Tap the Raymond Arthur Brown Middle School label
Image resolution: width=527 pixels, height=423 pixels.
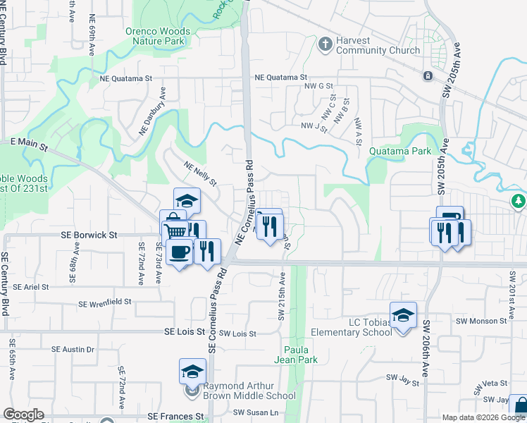point(249,391)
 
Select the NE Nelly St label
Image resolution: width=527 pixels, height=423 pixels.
point(200,173)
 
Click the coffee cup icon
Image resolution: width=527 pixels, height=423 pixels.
point(180,252)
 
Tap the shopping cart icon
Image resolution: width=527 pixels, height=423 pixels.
point(176,231)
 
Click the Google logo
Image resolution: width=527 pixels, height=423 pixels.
point(23,415)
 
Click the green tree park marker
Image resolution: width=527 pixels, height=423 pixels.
point(519,202)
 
